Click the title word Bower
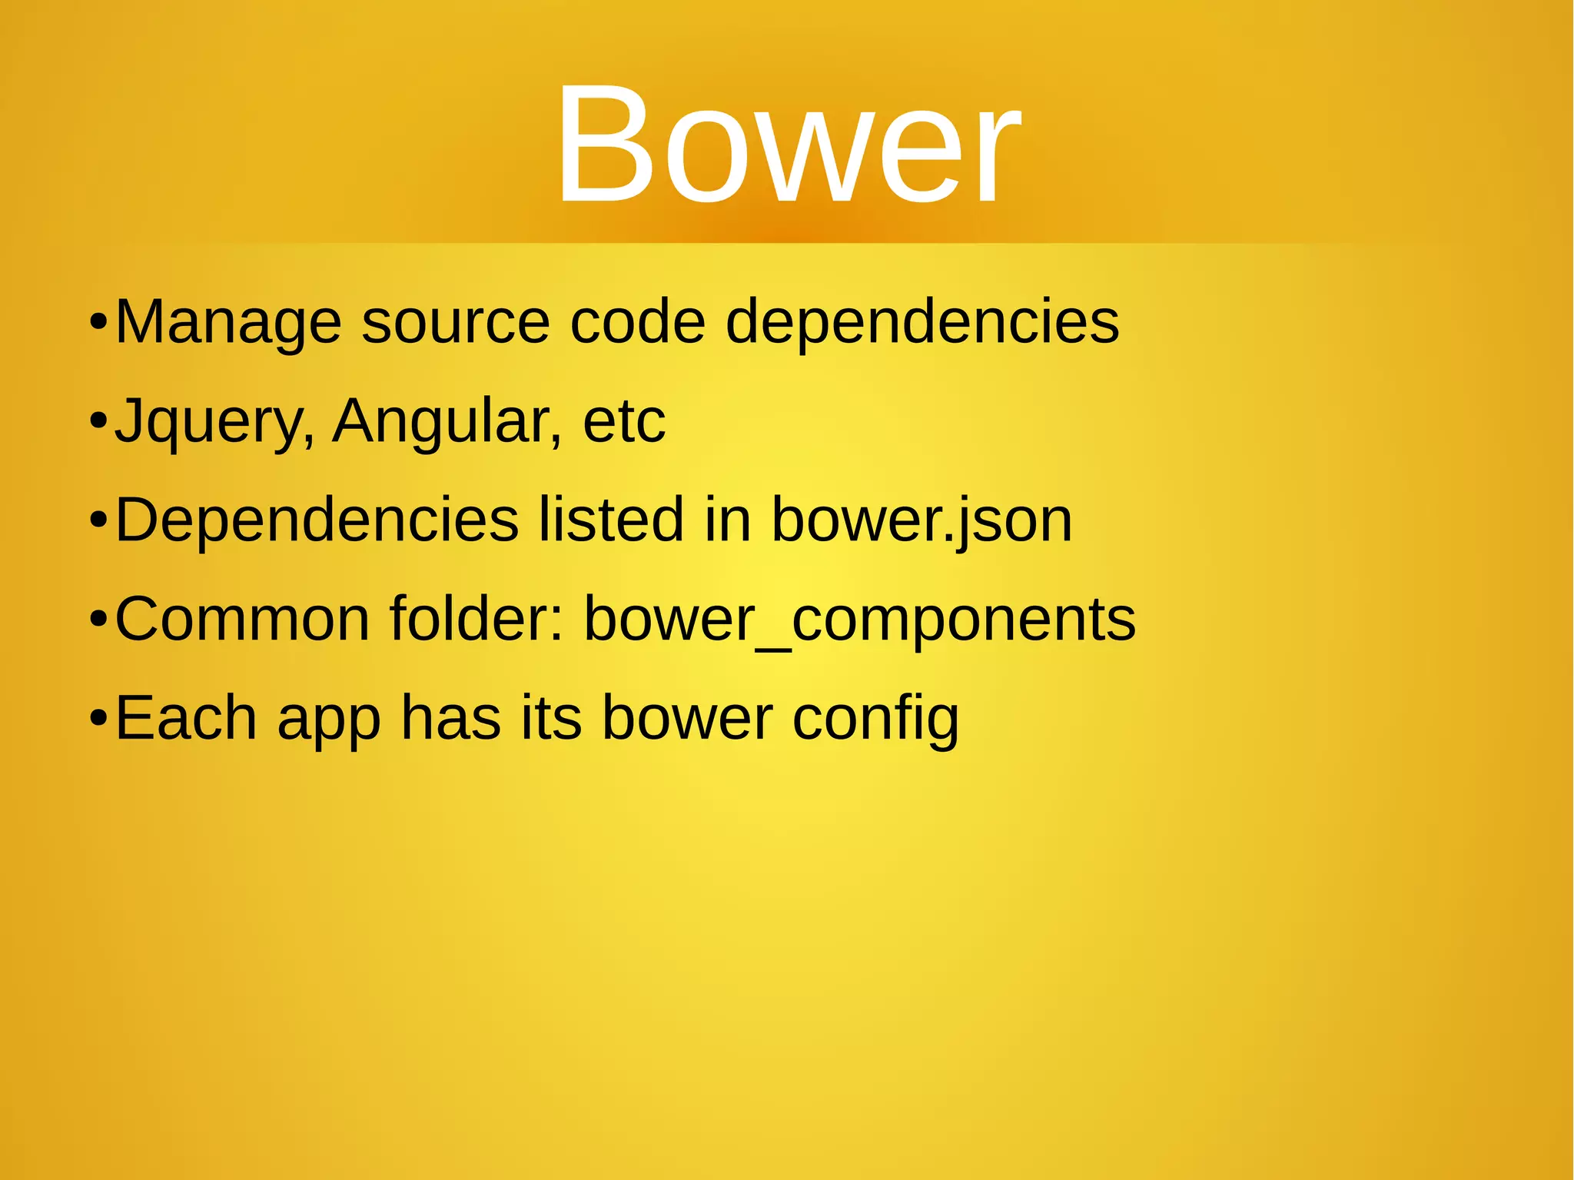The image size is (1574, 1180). tap(788, 146)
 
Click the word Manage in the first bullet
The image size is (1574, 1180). tap(228, 322)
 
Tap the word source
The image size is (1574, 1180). tap(456, 322)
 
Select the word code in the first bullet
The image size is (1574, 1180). tap(637, 322)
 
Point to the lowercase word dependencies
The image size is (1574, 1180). tap(922, 322)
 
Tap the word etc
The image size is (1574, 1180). tap(623, 421)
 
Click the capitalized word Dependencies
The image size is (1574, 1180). tap(317, 520)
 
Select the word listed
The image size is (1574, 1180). tap(610, 520)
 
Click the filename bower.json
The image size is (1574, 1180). tap(921, 520)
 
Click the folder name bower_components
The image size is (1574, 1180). tap(859, 620)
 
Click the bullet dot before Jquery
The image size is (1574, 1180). tap(98, 422)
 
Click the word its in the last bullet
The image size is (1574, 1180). tap(551, 719)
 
